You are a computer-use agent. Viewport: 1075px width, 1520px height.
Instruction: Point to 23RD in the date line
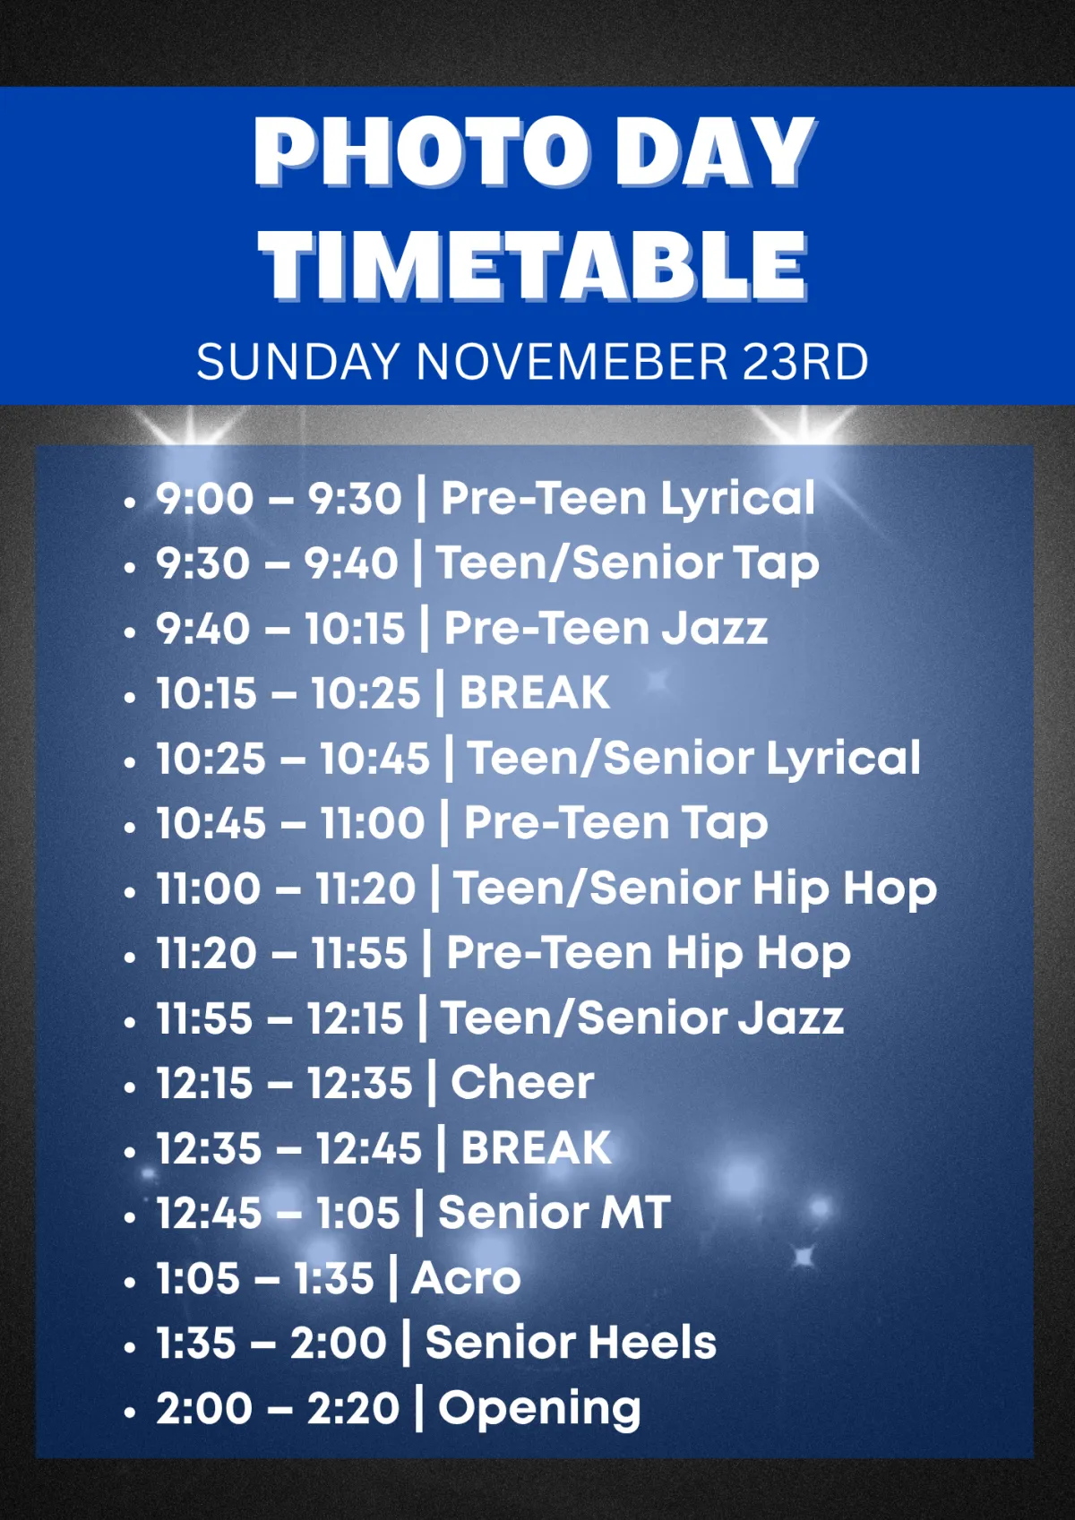point(804,362)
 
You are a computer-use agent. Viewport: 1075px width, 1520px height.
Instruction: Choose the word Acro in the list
point(466,1278)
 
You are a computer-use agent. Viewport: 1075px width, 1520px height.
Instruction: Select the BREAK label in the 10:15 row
point(535,692)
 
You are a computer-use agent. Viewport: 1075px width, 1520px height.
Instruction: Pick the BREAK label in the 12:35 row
point(536,1148)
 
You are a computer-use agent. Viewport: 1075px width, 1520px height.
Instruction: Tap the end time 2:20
point(353,1408)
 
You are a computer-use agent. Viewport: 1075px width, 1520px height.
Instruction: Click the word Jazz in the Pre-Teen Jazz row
point(715,628)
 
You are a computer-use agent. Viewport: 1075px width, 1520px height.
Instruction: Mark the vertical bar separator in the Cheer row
point(432,1083)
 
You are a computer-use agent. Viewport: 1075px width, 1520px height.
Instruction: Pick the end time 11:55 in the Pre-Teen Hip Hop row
point(359,953)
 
